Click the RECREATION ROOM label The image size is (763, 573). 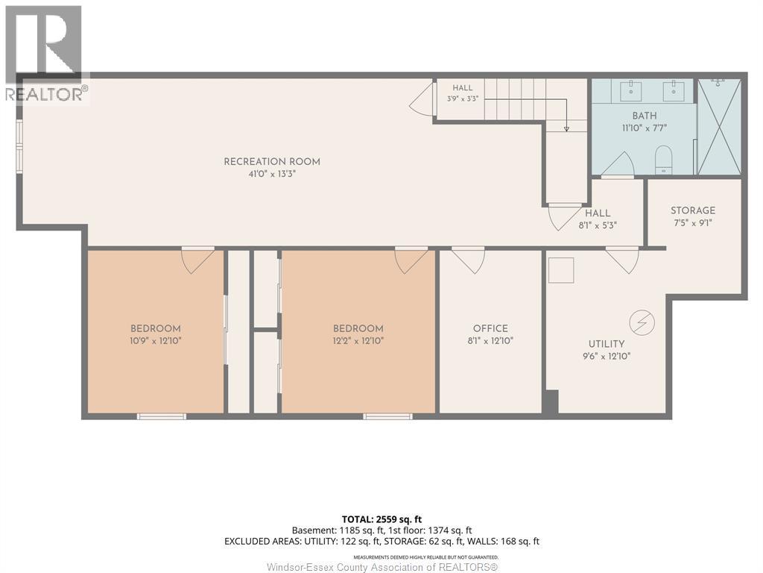point(272,161)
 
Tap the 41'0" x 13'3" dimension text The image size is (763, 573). point(272,173)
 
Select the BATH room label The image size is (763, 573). point(645,116)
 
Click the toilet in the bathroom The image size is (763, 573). point(662,160)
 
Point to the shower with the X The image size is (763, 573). point(719,127)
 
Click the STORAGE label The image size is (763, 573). point(693,210)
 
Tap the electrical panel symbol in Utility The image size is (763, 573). point(642,322)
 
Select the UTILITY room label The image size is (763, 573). point(607,343)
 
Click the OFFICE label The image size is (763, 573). point(490,328)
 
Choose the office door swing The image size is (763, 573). point(468,260)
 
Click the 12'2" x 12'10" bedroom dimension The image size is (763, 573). point(358,340)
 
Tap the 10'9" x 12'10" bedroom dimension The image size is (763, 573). point(156,340)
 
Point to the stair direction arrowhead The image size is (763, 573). point(566,128)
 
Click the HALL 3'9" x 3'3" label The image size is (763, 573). point(463,93)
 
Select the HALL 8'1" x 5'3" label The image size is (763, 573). point(598,219)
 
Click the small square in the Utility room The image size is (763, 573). point(561,270)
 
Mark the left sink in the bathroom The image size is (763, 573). point(631,91)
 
